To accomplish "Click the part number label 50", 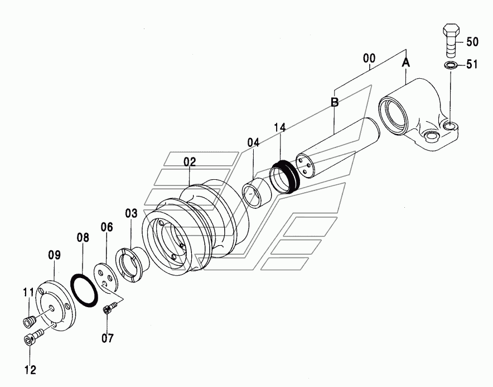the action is [472, 42].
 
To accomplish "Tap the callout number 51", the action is [471, 65].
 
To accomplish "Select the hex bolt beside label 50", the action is [451, 41].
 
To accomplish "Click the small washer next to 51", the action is [451, 66].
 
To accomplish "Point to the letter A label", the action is [406, 63].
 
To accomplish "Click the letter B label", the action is [335, 102].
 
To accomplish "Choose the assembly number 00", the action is [369, 59].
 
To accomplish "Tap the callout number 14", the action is [279, 128].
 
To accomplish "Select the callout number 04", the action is [253, 142].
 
